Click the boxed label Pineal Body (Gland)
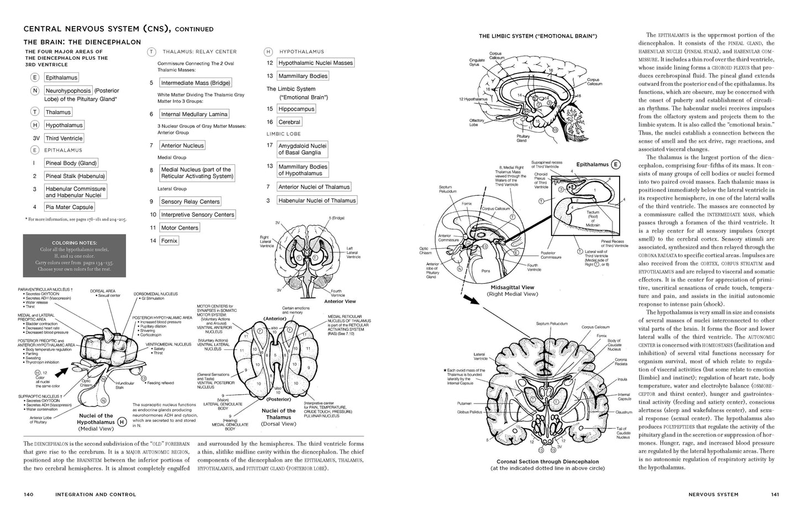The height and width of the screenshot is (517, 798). [71, 163]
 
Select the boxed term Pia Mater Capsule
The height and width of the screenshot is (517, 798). [70, 207]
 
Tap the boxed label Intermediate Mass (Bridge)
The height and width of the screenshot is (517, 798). [195, 83]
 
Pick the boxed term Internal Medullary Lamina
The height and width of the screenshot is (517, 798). [194, 114]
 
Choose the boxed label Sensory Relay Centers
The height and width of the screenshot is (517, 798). [191, 202]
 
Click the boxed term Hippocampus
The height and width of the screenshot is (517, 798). [296, 109]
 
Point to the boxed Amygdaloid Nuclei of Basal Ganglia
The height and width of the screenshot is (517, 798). [302, 149]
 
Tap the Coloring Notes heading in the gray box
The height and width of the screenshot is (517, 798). [74, 243]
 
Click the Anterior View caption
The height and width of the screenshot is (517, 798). [340, 301]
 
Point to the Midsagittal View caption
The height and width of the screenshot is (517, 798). [512, 288]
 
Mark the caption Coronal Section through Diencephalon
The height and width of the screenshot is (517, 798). [547, 462]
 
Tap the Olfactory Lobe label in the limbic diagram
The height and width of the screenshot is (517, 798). [477, 122]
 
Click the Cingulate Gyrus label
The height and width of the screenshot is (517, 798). [477, 62]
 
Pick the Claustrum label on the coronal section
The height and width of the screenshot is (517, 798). [623, 411]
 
